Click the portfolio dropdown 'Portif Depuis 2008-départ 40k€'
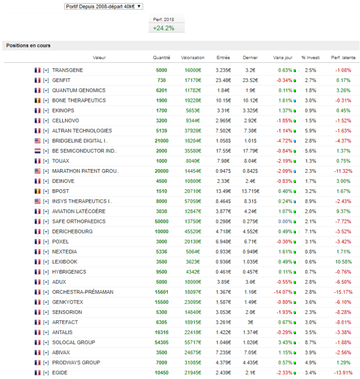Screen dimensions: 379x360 [x=104, y=6]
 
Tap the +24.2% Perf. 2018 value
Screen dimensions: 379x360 [x=163, y=28]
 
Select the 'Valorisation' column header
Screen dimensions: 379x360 [x=193, y=58]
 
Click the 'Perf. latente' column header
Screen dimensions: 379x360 [x=343, y=58]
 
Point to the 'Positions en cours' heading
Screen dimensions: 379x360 [x=28, y=45]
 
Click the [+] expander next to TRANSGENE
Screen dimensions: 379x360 [x=46, y=70]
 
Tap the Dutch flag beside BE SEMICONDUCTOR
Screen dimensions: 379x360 [x=37, y=151]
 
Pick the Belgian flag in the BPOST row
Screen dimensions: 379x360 [x=37, y=191]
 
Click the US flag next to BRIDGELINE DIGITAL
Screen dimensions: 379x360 [x=37, y=141]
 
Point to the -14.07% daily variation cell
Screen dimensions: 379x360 [x=281, y=292]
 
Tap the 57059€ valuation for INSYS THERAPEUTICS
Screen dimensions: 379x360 [x=192, y=201]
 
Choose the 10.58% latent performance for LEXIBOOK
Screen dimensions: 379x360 [x=343, y=261]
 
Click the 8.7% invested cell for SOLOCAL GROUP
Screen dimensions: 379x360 [x=310, y=342]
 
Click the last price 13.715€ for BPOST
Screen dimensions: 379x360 [x=250, y=191]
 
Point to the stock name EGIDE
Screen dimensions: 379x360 [x=60, y=372]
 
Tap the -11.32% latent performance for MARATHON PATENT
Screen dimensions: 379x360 [x=343, y=171]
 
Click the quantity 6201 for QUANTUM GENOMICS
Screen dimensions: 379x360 [x=161, y=90]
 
